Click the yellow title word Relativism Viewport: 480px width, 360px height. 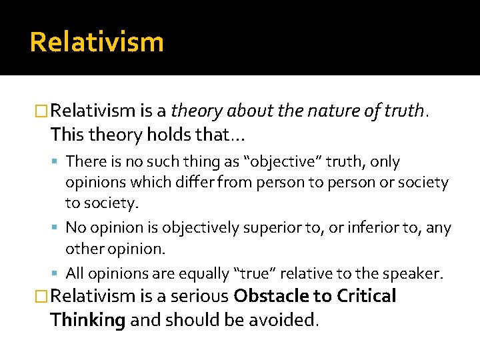[x=97, y=42]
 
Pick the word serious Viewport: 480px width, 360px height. [x=197, y=297]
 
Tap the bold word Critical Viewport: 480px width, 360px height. [x=368, y=297]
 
